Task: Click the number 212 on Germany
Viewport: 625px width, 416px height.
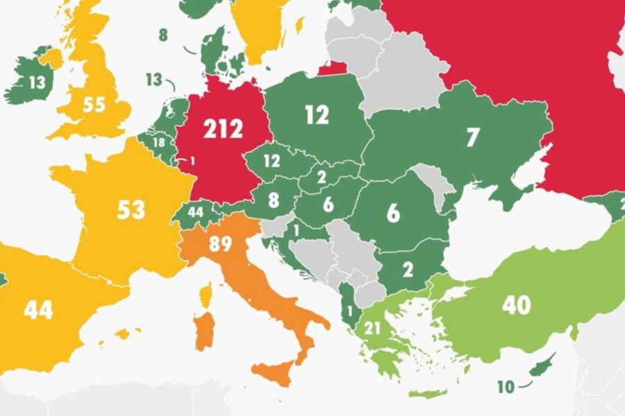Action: click(223, 128)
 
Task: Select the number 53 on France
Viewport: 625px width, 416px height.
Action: click(131, 209)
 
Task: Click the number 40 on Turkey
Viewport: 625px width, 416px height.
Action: click(517, 305)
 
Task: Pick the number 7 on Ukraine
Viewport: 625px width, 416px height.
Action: click(472, 137)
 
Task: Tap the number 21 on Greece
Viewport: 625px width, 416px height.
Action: click(372, 328)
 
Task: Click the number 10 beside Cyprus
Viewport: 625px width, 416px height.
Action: click(506, 386)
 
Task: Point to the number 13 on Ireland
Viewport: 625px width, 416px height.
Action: click(37, 83)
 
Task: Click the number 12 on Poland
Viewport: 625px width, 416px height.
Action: click(317, 114)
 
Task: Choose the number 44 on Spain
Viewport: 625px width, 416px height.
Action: click(38, 310)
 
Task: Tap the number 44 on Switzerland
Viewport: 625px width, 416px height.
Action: click(195, 212)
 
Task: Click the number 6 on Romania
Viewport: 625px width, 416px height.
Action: click(393, 213)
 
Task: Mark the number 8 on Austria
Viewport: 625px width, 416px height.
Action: click(273, 201)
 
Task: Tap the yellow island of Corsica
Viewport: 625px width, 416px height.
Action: click(206, 295)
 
